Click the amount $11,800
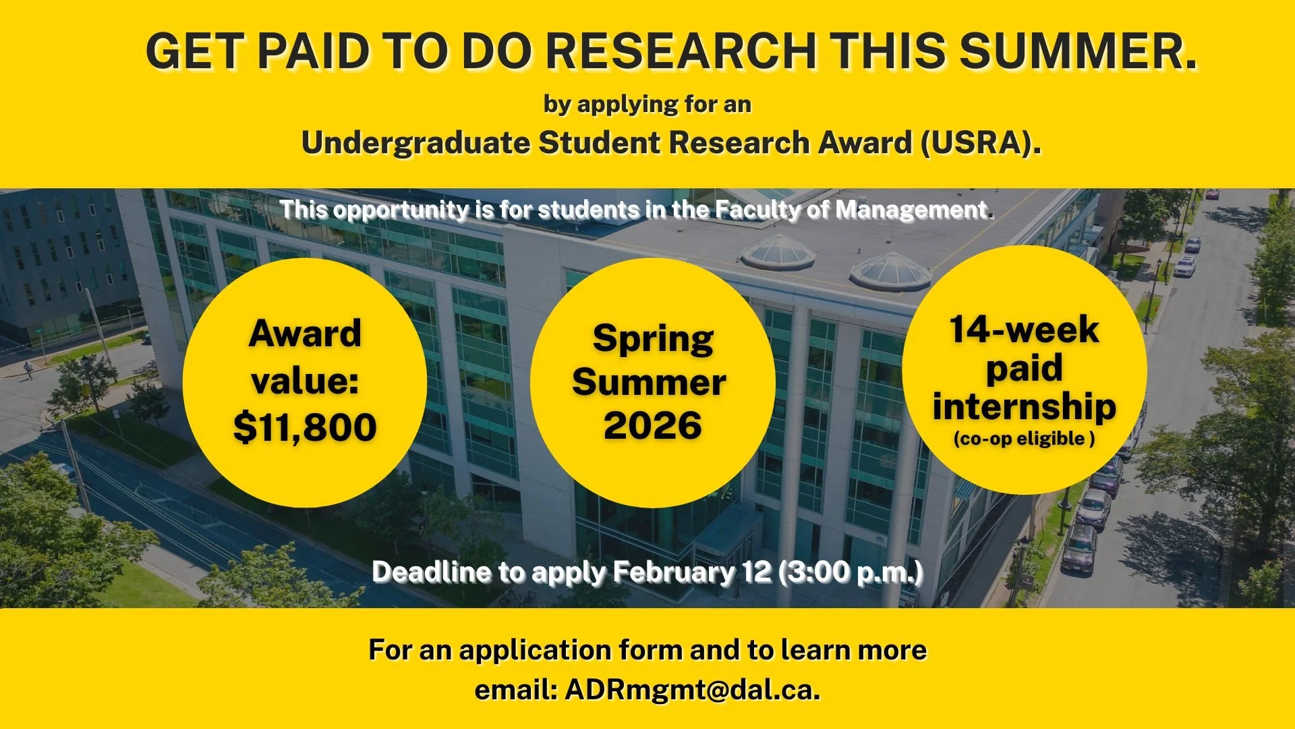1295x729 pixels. pos(305,427)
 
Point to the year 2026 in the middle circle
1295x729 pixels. pos(652,425)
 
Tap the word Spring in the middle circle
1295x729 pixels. pos(653,339)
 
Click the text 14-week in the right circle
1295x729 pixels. pos(1024,330)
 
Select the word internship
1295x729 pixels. pos(1024,406)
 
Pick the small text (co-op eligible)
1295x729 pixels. pos(1024,439)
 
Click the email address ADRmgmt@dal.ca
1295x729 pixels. pos(692,690)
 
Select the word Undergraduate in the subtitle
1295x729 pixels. pos(415,143)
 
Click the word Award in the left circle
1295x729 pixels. pos(305,333)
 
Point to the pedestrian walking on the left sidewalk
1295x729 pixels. pos(28,369)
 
